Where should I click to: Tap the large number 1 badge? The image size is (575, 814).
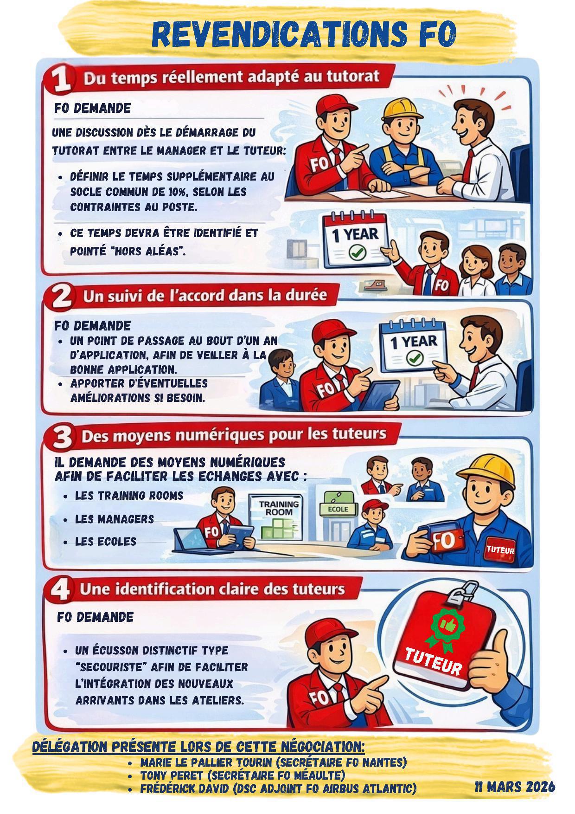pyautogui.click(x=60, y=79)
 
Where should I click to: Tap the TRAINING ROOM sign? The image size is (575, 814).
pyautogui.click(x=279, y=508)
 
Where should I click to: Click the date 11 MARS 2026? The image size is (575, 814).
pyautogui.click(x=514, y=787)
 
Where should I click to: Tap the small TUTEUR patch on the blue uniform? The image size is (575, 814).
pyautogui.click(x=500, y=550)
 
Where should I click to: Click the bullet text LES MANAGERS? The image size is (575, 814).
pyautogui.click(x=115, y=519)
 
